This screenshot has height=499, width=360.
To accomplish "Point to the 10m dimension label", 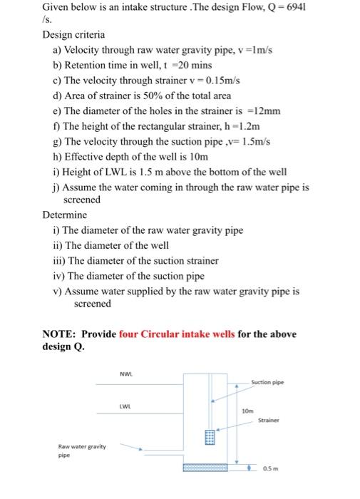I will [247, 411].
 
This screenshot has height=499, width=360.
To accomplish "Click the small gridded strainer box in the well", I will [209, 437].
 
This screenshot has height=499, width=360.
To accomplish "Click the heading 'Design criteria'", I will [73, 34].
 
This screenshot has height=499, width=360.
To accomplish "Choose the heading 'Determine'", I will [65, 215].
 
